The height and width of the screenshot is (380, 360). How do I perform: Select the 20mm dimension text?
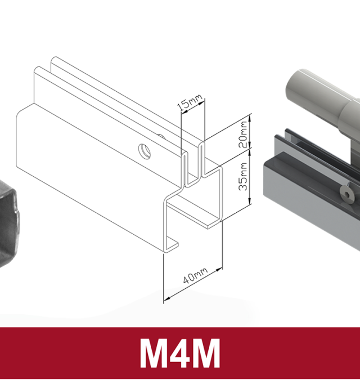[x=243, y=133]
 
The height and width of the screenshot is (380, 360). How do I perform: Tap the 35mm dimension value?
[x=243, y=177]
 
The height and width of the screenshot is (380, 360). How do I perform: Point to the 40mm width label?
[x=195, y=276]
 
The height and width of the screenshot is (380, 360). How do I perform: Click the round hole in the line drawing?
[x=145, y=150]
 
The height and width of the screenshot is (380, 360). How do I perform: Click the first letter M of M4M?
[x=155, y=354]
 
